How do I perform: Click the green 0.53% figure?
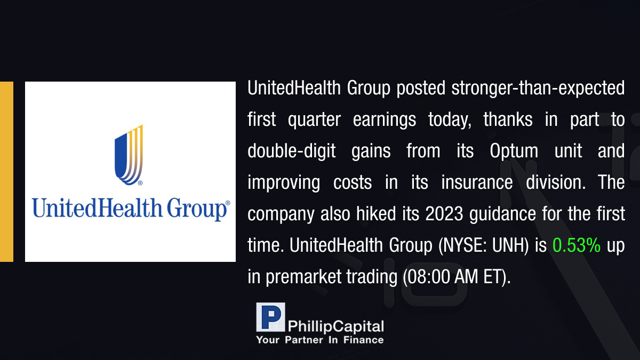(577, 245)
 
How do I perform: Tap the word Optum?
(514, 150)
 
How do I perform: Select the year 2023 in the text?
(444, 214)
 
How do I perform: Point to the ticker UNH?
(509, 245)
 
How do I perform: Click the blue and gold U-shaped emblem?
(129, 155)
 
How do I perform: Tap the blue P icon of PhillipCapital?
(270, 317)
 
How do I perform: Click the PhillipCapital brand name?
(335, 326)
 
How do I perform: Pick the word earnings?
(385, 120)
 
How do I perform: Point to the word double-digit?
(291, 151)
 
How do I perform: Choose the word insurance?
(477, 182)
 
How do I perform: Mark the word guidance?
(502, 214)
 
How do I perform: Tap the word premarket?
(303, 277)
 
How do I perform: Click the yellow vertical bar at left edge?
(6, 172)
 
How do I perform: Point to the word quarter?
(314, 120)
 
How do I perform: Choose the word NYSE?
(462, 245)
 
